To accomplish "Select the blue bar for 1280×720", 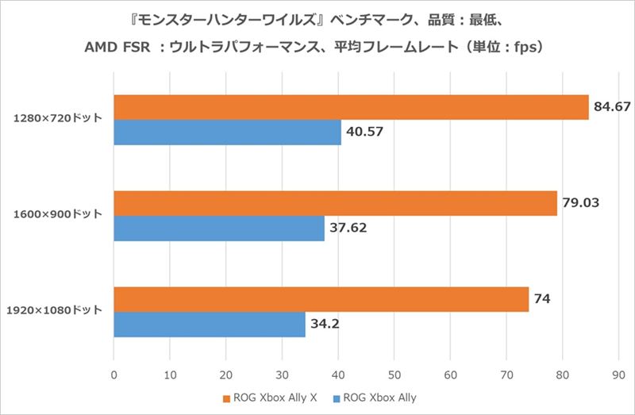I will pyautogui.click(x=227, y=132).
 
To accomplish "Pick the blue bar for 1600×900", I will pyautogui.click(x=219, y=229).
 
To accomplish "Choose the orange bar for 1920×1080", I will pyautogui.click(x=321, y=299).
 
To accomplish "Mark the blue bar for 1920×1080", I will pyautogui.click(x=210, y=325).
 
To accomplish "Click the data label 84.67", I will pyautogui.click(x=611, y=106).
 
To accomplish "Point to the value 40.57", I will pyautogui.click(x=365, y=132).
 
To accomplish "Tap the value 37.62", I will pyautogui.click(x=348, y=229).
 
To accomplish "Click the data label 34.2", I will pyautogui.click(x=325, y=325).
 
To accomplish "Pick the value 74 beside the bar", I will pyautogui.click(x=542, y=299).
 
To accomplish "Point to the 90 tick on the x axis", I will pyautogui.click(x=618, y=371).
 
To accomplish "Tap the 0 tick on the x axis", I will pyautogui.click(x=114, y=371).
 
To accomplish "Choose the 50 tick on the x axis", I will pyautogui.click(x=394, y=371).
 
